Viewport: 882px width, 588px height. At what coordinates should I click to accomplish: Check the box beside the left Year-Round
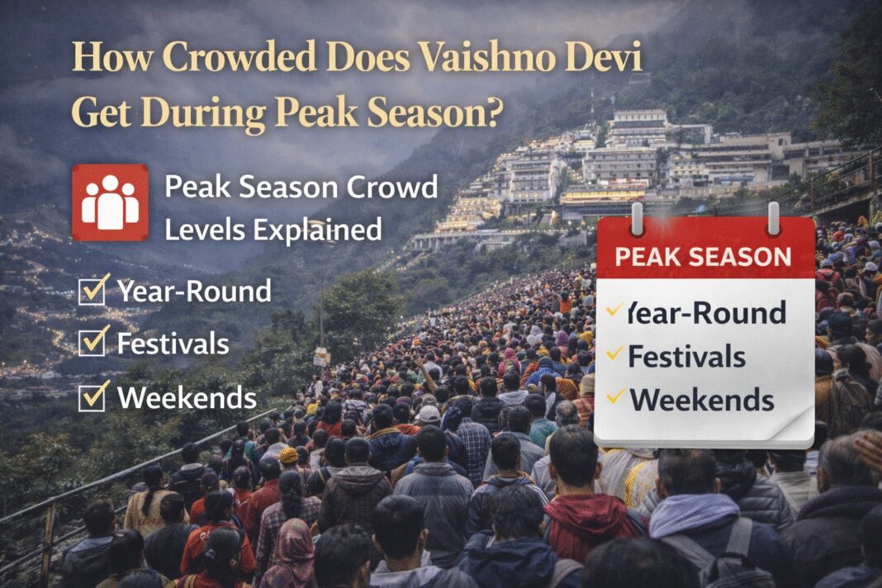point(92,292)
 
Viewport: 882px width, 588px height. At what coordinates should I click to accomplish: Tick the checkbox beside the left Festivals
point(92,343)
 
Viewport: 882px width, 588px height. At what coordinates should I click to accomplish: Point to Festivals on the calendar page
point(686,357)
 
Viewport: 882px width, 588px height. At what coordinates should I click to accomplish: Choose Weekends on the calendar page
point(702,401)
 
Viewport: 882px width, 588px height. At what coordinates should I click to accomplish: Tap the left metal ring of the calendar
point(637,219)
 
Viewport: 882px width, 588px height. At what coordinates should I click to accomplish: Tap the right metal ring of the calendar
point(773,219)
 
